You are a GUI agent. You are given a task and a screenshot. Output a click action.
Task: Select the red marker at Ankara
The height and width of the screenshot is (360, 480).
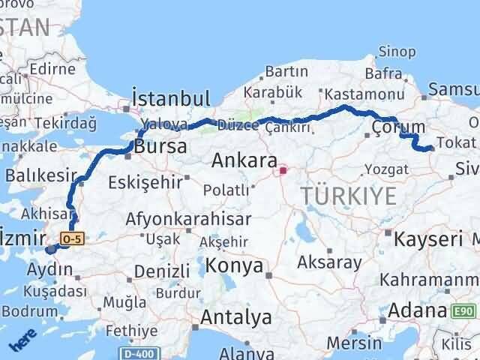coord(283,170)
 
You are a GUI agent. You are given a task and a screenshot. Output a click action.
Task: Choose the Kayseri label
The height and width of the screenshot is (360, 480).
coord(428,239)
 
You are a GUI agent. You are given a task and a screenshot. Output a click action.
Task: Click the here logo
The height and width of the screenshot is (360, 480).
coord(22,342)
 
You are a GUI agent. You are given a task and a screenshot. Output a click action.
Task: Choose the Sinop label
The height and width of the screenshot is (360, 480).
coord(397,51)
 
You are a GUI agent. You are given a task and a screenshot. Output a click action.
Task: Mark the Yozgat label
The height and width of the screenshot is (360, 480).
coord(387,170)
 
